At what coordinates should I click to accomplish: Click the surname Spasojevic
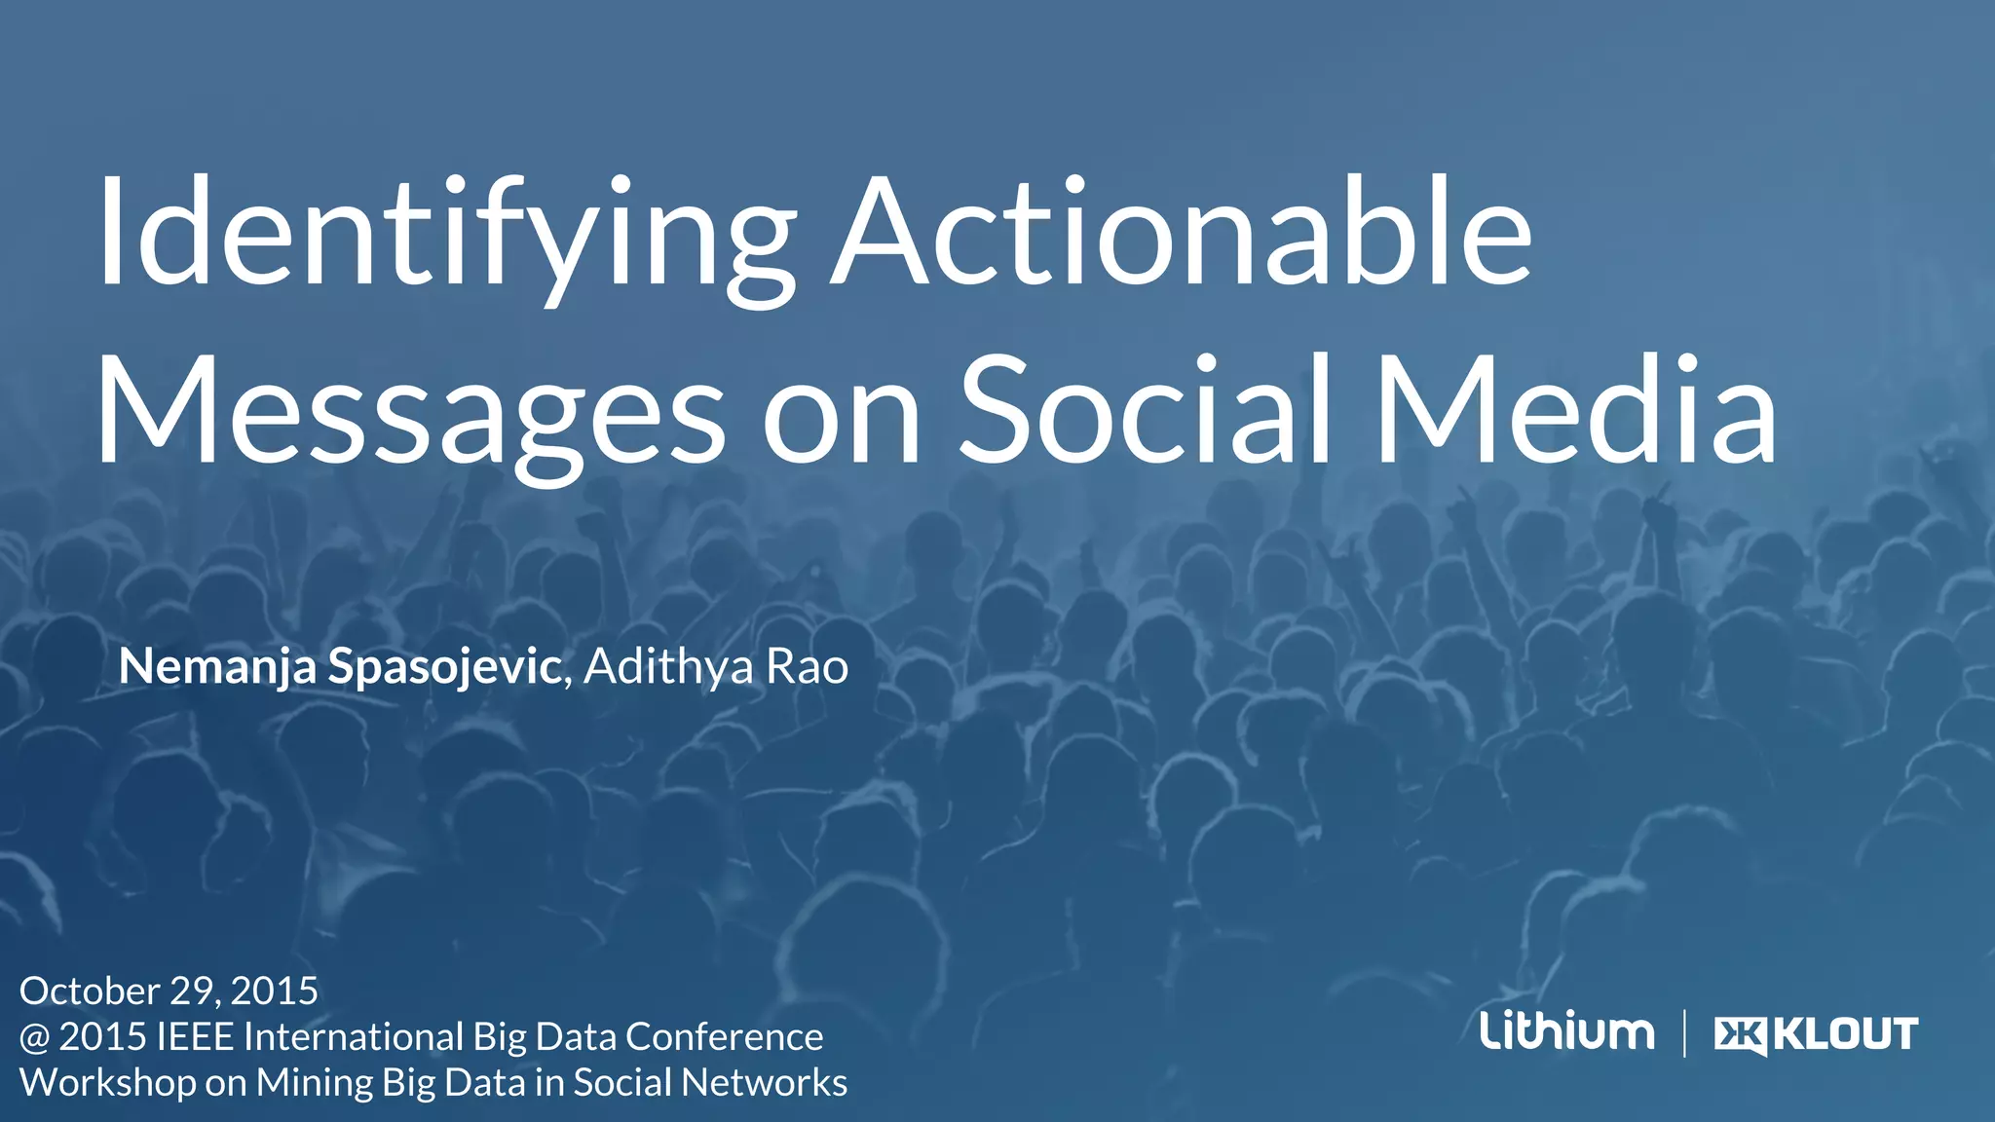[444, 667]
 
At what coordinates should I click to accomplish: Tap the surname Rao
[807, 667]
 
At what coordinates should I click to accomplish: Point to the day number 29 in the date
[193, 991]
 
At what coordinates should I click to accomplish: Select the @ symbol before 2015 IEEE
[35, 1037]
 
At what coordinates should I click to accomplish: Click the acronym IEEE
[194, 1037]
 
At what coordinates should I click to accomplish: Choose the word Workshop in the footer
[107, 1083]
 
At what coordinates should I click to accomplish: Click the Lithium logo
[1566, 1031]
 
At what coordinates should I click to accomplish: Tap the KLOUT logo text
[1845, 1034]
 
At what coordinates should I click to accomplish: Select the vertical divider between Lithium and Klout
[1684, 1033]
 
